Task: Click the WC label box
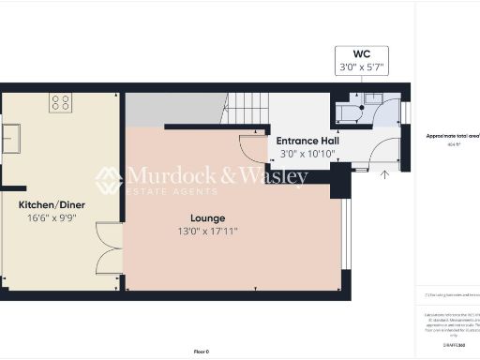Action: (361, 60)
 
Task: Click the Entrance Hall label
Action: (307, 141)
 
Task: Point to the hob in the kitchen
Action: (61, 101)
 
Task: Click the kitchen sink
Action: (14, 139)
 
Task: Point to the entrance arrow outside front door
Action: (383, 174)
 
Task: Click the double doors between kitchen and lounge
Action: (109, 248)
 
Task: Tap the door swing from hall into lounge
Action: (252, 147)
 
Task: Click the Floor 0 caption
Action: (202, 351)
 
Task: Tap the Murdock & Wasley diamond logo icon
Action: (109, 179)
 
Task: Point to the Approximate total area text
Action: (453, 136)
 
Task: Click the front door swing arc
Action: (384, 152)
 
